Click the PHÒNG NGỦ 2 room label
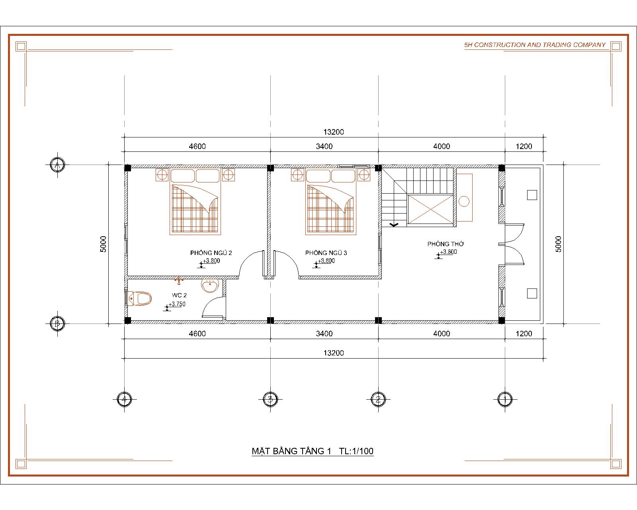(x=211, y=253)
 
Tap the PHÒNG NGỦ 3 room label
(x=326, y=253)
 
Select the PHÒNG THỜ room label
(x=446, y=244)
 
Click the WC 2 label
(x=179, y=295)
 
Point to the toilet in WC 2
(x=139, y=298)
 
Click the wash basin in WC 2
(x=210, y=285)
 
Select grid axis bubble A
(x=57, y=165)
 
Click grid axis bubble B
(x=57, y=323)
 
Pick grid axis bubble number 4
(x=124, y=399)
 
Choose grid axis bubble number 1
(x=505, y=399)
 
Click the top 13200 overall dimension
(x=334, y=132)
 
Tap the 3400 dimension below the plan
(x=324, y=333)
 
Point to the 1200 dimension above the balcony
(x=524, y=146)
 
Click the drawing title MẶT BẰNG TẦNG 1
(x=291, y=451)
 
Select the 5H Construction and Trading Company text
(x=535, y=45)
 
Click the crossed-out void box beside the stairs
(x=430, y=209)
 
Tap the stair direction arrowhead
(x=394, y=225)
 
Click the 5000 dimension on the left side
(x=103, y=244)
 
